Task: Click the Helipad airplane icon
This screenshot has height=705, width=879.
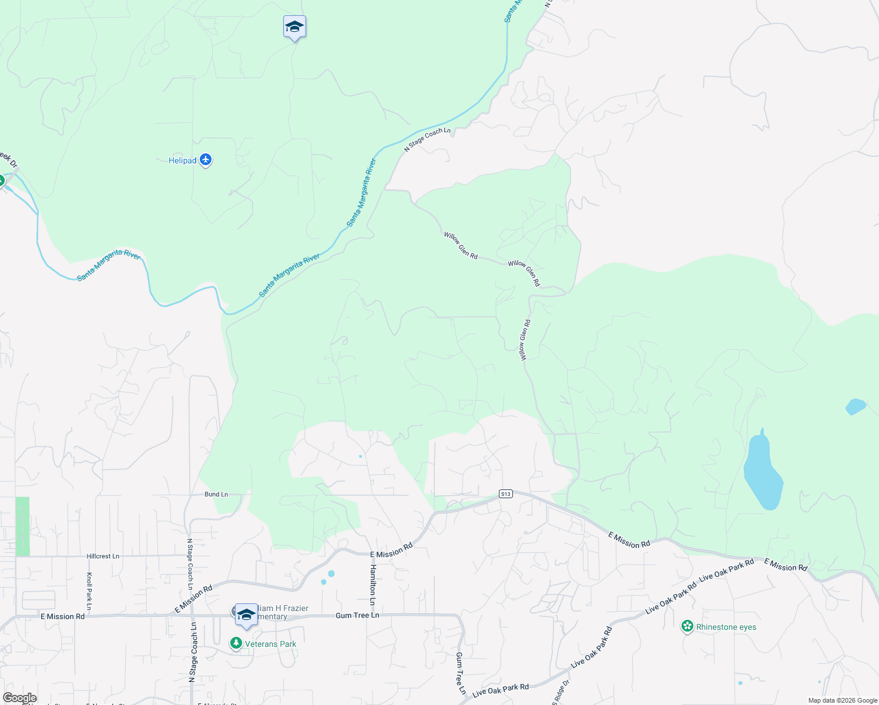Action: [x=206, y=160]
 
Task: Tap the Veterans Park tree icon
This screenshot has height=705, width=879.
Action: [x=236, y=644]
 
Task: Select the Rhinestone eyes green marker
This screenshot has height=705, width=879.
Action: [x=687, y=627]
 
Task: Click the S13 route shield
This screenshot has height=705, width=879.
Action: [x=506, y=494]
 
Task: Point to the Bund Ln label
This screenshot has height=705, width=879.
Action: [x=216, y=495]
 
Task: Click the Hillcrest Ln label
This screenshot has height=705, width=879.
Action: [x=103, y=556]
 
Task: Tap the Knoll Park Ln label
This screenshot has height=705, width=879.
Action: [x=89, y=590]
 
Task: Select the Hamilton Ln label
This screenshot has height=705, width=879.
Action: [x=373, y=585]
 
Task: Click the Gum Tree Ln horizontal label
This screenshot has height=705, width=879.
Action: [x=357, y=615]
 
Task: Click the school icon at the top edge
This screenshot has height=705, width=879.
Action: [x=294, y=26]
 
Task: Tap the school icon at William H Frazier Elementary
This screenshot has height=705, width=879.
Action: [x=246, y=615]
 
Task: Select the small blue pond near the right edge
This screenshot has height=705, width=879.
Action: [x=855, y=406]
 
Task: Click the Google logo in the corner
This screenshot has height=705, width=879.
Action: [x=19, y=698]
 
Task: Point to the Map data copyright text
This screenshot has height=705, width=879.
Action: [x=843, y=700]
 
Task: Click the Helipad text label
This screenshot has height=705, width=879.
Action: [x=182, y=160]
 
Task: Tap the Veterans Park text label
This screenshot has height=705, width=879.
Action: [x=270, y=644]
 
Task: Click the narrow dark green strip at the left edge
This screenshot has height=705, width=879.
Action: [x=22, y=526]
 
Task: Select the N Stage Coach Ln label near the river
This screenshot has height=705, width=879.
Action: [x=427, y=140]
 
